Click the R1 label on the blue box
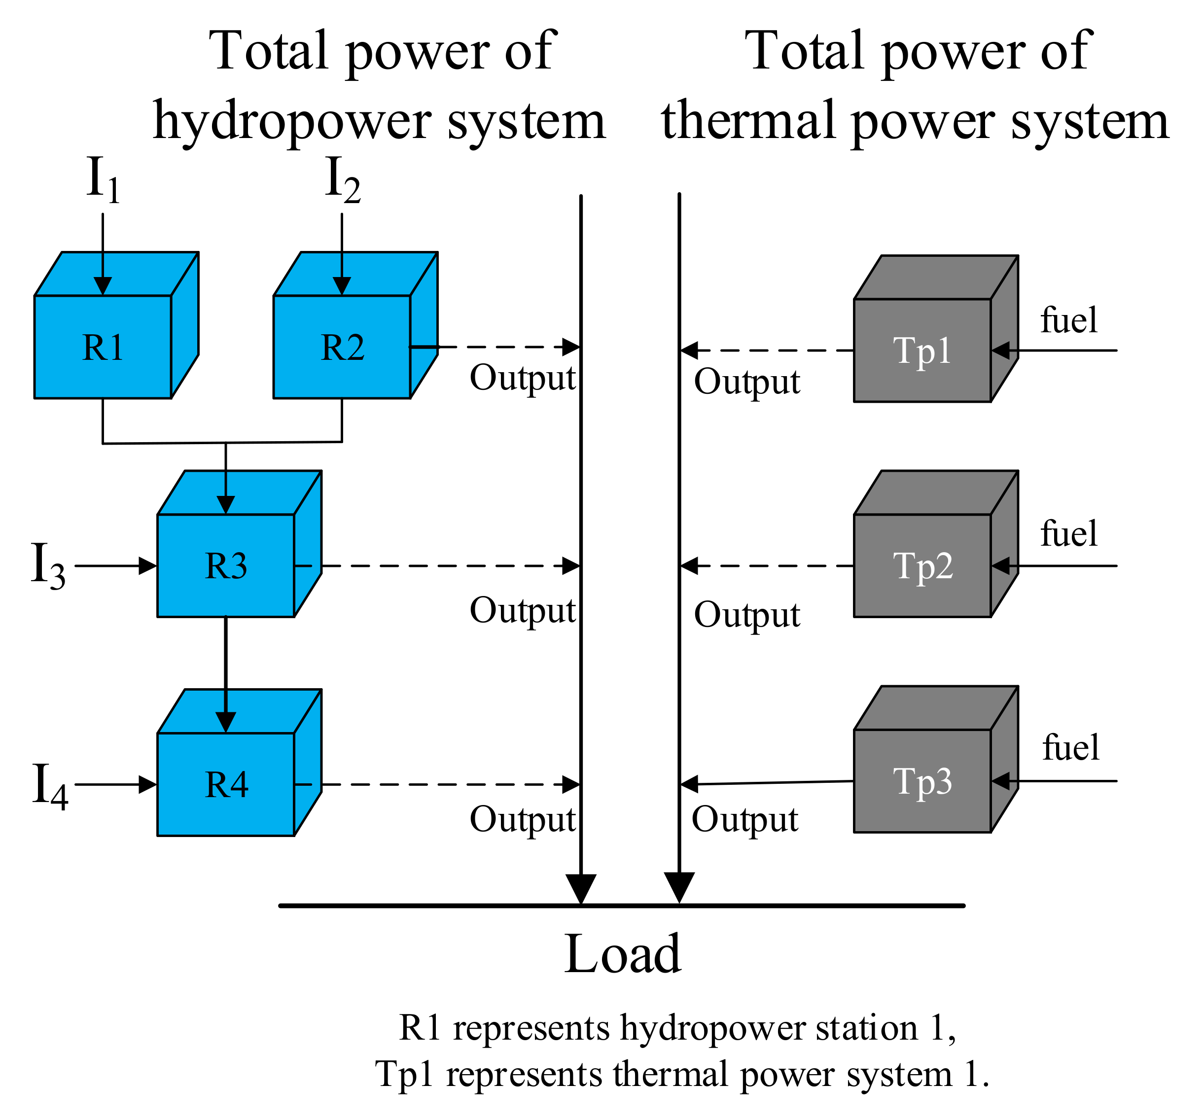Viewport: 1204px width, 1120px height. click(103, 348)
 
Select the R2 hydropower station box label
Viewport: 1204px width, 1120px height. click(342, 348)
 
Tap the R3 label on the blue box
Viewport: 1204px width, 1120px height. click(226, 567)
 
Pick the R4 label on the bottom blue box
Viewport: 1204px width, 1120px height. click(226, 785)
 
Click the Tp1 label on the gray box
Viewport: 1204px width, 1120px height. click(922, 351)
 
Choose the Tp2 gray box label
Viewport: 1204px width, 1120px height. click(923, 567)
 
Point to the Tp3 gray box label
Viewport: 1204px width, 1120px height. click(922, 781)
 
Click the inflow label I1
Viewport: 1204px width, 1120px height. click(103, 179)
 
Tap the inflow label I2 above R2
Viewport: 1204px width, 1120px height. click(343, 179)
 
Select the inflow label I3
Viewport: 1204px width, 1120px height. click(48, 565)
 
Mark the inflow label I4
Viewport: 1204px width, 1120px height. click(50, 786)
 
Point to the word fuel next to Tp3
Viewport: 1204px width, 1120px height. click(1071, 748)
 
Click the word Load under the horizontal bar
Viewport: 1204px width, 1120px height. click(622, 955)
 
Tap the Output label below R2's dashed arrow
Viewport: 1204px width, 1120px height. click(522, 379)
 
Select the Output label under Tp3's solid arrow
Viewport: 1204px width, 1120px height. click(745, 820)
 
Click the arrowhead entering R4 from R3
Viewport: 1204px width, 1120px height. click(226, 722)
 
